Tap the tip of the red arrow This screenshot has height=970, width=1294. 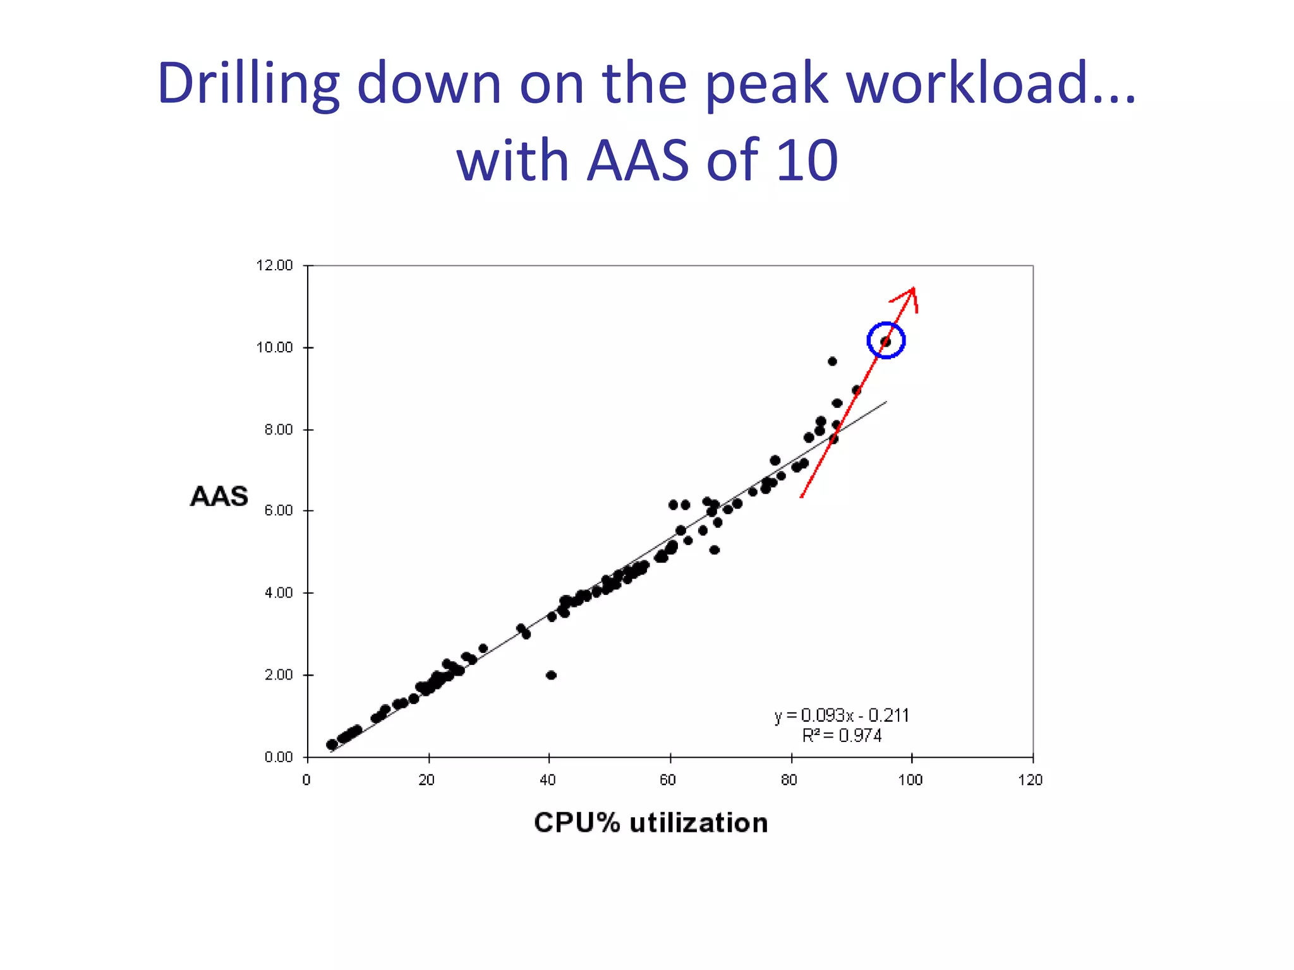913,289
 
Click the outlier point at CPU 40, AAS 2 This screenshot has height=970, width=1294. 551,675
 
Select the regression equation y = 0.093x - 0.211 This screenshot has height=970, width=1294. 842,716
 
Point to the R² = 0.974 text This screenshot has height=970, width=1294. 842,736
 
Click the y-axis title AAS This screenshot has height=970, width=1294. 219,496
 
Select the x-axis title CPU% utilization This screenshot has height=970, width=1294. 651,823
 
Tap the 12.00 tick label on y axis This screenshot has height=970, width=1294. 274,265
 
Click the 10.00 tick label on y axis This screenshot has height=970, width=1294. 274,347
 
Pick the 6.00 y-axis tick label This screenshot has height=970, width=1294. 278,511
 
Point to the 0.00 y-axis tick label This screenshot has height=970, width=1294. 278,757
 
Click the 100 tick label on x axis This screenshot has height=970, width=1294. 910,781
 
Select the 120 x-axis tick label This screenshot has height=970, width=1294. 1031,781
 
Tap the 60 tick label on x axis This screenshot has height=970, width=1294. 668,781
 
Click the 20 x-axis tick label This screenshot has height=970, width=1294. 427,781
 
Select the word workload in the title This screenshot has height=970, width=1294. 983,83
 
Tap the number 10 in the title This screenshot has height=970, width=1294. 806,160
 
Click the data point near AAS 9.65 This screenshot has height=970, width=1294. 832,361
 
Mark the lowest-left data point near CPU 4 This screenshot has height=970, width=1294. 332,745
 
